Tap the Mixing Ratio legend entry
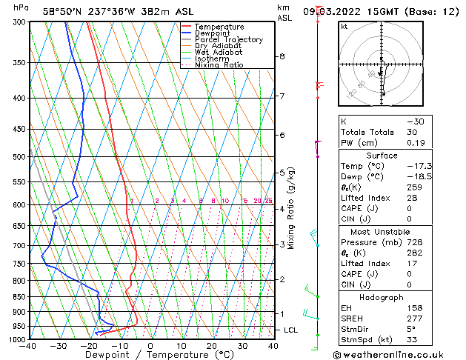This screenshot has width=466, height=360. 220,65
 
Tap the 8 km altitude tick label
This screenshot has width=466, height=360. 282,56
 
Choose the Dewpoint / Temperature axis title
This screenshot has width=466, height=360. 150,355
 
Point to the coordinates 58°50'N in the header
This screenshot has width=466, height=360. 62,11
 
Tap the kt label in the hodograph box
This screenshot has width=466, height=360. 344,26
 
